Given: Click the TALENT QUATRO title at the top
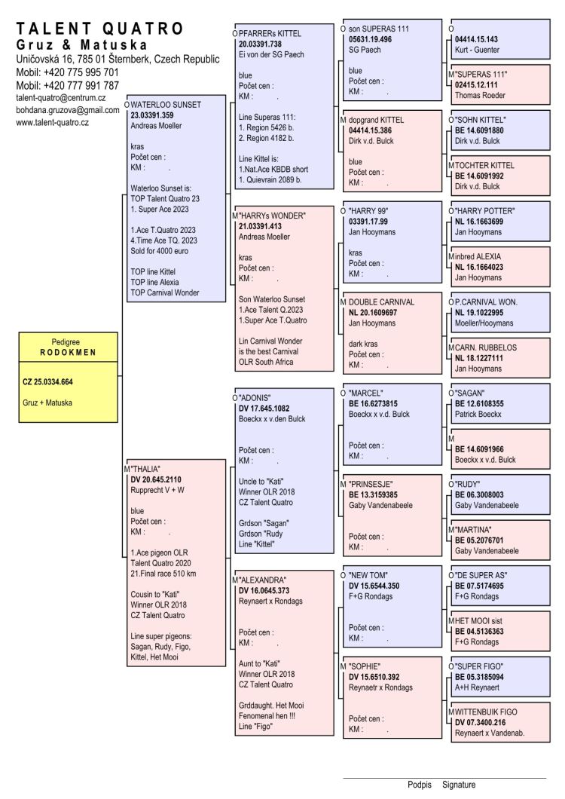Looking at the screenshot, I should [x=99, y=29].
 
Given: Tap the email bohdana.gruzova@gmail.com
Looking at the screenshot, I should [x=68, y=110].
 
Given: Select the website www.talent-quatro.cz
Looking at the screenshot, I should [x=53, y=122].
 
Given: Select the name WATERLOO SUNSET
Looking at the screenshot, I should [x=166, y=105].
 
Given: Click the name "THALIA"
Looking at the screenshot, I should [x=146, y=468].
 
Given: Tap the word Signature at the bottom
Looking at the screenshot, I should [x=459, y=785].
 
